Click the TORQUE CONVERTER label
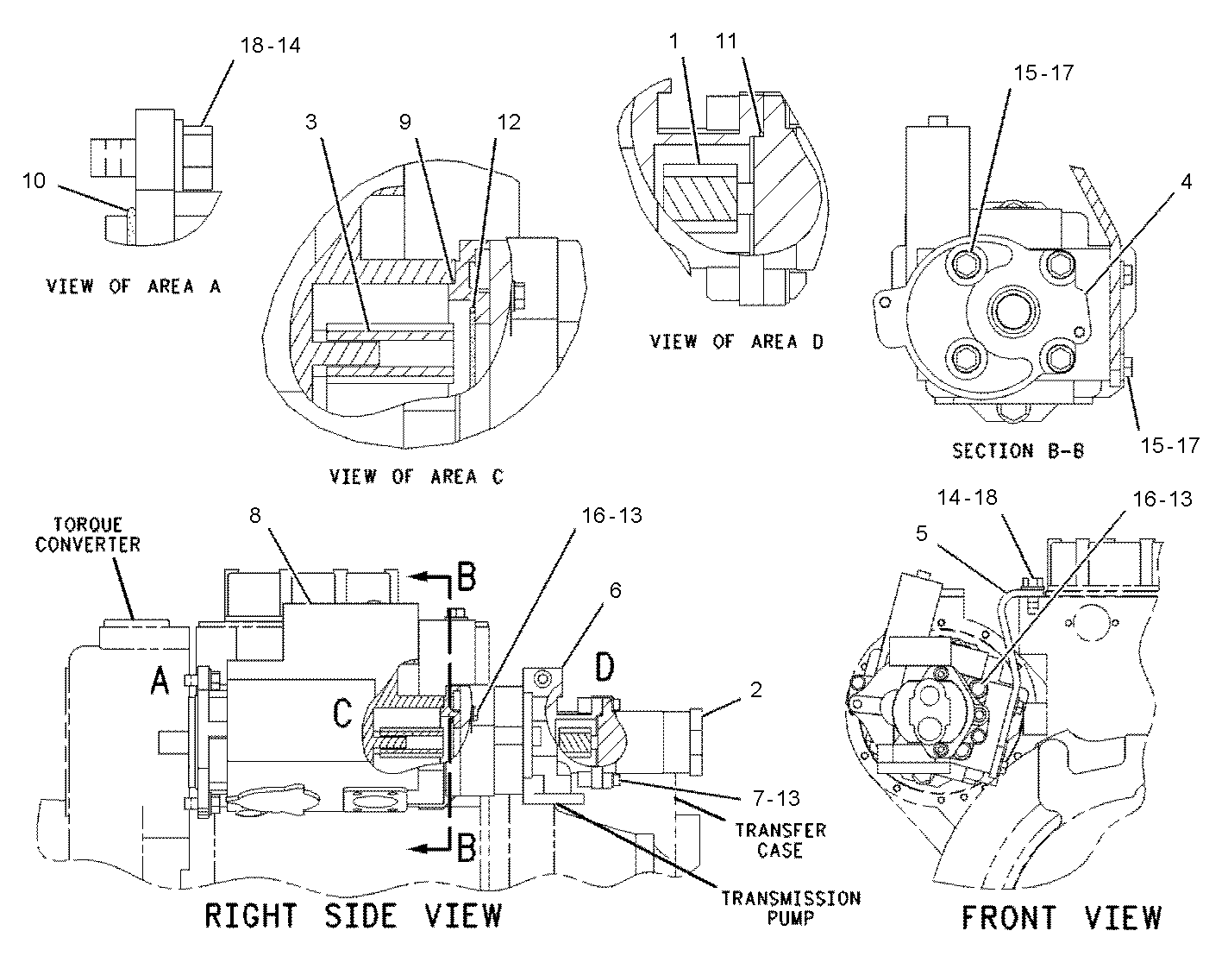point(88,534)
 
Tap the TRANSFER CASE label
point(780,840)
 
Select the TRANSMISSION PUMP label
point(791,908)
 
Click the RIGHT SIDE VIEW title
point(354,915)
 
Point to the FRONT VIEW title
point(1062,917)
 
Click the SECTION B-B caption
point(1018,450)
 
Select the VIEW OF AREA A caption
point(134,286)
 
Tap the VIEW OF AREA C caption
point(417,476)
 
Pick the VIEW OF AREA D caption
point(736,342)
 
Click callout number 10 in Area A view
point(34,181)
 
